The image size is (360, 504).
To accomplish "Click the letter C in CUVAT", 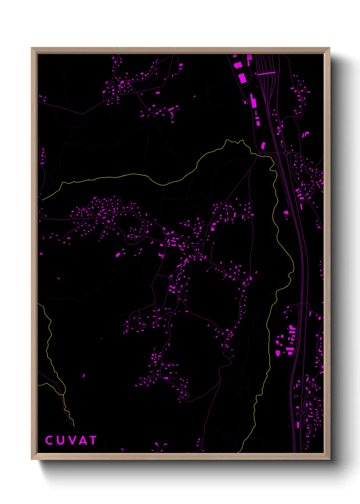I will pos(49,440).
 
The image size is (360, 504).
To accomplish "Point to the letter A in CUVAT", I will pos(82,440).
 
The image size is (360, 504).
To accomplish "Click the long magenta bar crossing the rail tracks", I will pos(266,73).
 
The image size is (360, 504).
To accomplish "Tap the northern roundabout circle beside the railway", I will pos(286,153).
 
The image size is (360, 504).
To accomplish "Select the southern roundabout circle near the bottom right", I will pos(301,413).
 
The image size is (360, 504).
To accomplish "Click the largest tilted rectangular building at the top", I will pos(242,78).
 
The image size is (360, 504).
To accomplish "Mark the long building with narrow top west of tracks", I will pos(253,101).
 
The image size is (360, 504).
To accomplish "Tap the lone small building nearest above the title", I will pos(84,376).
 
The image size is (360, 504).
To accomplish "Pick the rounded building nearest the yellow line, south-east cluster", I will pos(278,353).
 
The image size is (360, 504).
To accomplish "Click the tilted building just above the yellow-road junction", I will pos(263,145).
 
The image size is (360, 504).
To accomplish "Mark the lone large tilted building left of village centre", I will pos(118,254).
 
